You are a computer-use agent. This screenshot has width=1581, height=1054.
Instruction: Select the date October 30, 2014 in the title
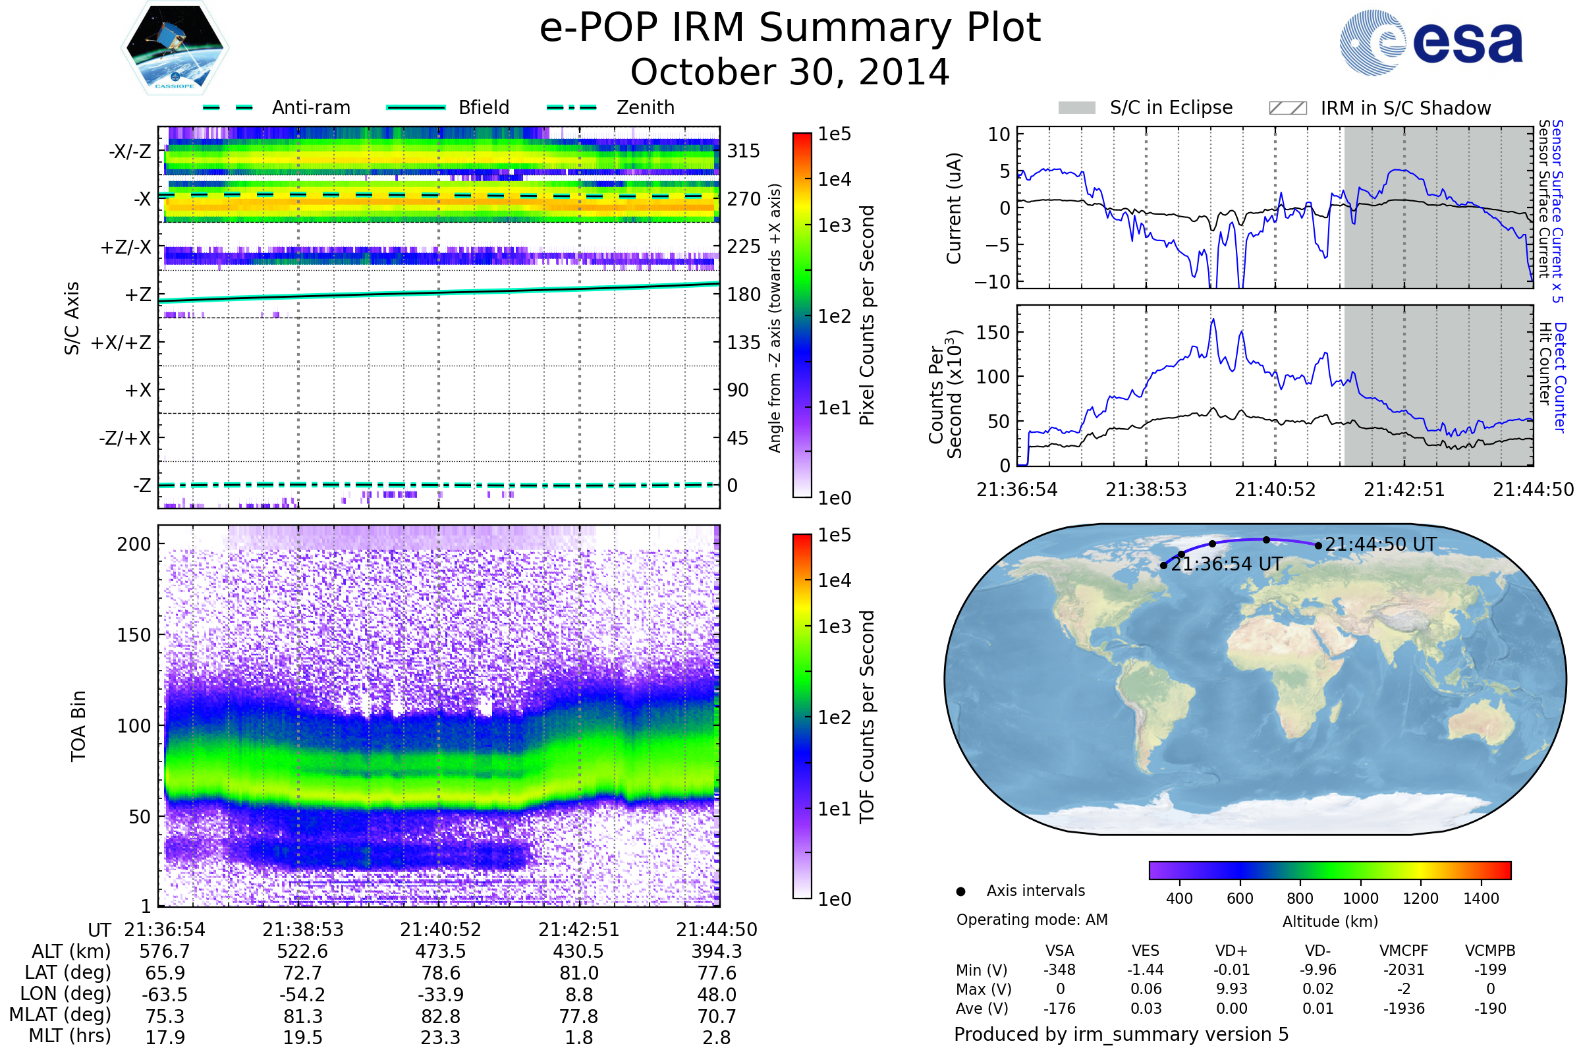(790, 72)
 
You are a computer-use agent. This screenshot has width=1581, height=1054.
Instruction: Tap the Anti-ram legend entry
(310, 107)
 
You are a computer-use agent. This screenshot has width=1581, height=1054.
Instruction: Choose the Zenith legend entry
(645, 107)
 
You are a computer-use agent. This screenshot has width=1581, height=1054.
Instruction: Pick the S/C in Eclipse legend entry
(1171, 107)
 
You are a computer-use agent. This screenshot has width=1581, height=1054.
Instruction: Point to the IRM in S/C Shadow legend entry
(1405, 108)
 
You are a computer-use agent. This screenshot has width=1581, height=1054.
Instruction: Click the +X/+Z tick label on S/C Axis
(121, 343)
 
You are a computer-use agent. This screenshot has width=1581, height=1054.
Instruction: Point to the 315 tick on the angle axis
(743, 151)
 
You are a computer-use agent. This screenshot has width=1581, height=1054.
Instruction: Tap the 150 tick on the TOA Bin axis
(134, 635)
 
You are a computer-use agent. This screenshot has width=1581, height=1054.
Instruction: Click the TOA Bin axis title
(78, 726)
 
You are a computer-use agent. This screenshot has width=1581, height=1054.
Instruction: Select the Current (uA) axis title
(954, 208)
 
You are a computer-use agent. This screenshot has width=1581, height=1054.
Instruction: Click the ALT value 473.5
(440, 952)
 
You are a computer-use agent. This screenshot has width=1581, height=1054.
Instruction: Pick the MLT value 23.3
(440, 1037)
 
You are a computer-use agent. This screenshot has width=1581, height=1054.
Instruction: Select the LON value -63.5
(165, 995)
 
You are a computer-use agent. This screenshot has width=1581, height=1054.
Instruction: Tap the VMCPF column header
(1404, 951)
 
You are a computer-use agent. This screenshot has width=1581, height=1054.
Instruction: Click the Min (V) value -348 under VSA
(1059, 970)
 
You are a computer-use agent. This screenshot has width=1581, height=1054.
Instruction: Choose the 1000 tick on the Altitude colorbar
(1360, 899)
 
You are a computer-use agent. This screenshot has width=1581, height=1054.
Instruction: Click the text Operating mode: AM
(1032, 920)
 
